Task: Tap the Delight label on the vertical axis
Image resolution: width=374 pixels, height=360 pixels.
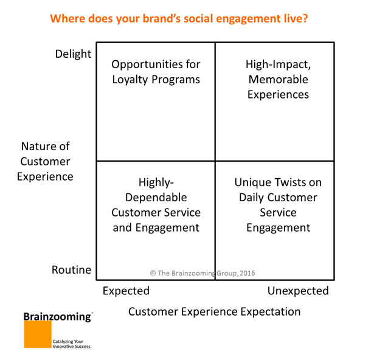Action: [x=73, y=54]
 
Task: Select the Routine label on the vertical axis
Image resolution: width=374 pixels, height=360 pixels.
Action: [x=72, y=269]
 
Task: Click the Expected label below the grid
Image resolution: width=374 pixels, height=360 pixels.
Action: [x=126, y=291]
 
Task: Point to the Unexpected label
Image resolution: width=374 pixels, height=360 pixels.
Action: [x=298, y=291]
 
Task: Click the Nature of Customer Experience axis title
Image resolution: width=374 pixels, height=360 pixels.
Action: [x=46, y=161]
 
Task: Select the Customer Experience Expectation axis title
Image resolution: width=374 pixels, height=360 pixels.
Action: [x=214, y=311]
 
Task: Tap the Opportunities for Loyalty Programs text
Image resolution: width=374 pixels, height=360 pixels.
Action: [x=156, y=72]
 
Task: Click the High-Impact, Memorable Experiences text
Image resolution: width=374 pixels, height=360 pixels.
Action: [x=277, y=79]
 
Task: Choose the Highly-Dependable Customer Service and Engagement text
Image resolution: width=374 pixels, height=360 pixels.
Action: [x=156, y=205]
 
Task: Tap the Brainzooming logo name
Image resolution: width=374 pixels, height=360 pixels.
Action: [x=57, y=316]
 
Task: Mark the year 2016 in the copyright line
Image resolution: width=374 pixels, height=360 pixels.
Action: [x=247, y=274]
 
